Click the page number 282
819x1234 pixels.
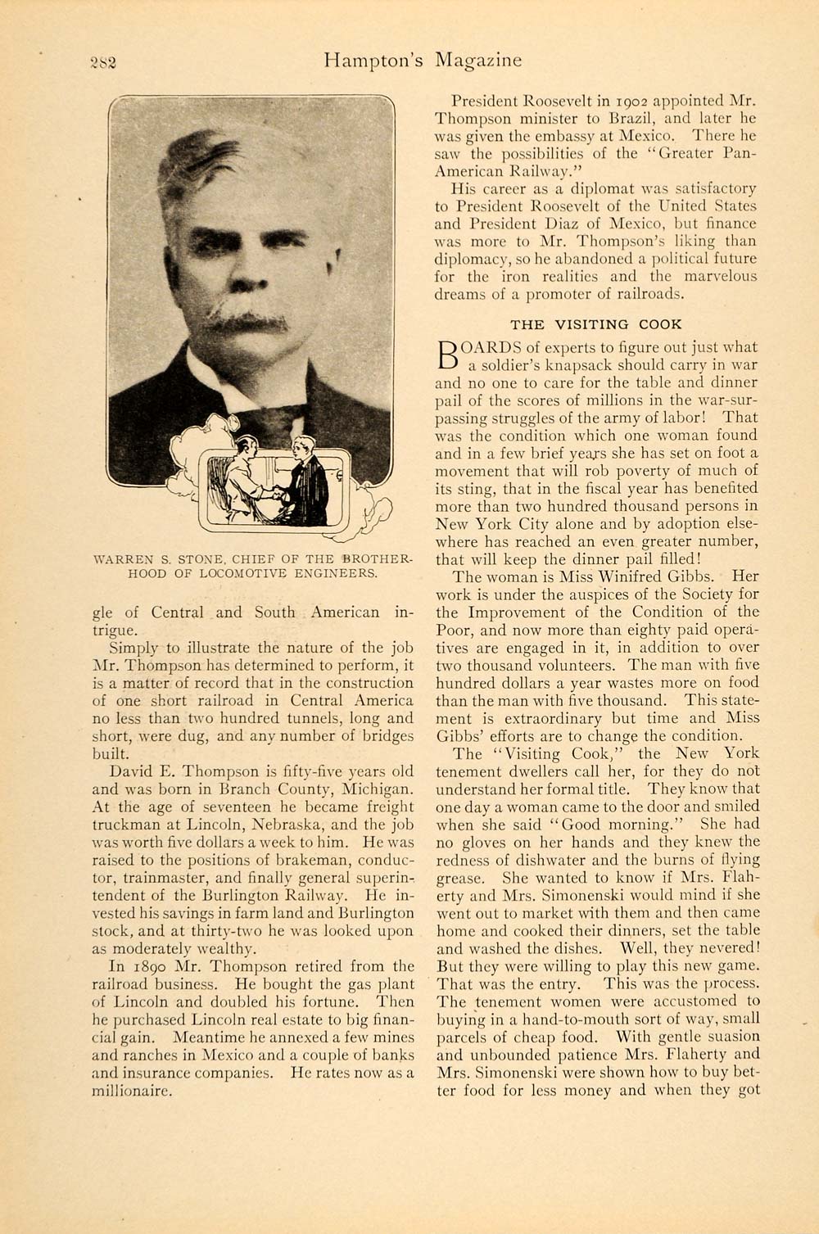tap(103, 62)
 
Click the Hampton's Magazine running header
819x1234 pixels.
tap(422, 61)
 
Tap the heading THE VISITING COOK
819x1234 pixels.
tap(595, 324)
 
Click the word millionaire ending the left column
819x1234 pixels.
tap(132, 1091)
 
